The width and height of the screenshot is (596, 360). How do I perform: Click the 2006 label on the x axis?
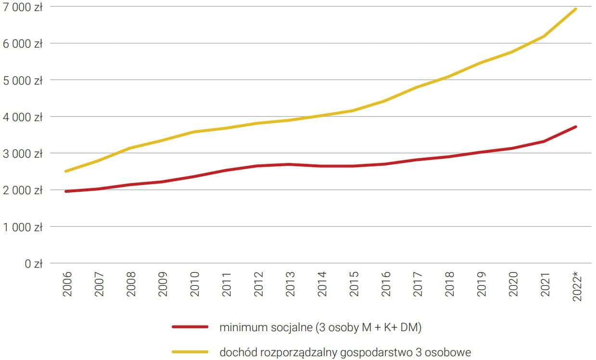[67, 284]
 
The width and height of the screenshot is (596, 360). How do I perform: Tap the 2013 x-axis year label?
[290, 284]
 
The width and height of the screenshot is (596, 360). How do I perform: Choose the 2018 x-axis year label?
[448, 284]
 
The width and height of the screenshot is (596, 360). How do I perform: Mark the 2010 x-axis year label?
[194, 284]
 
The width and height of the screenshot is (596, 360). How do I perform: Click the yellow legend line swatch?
[190, 352]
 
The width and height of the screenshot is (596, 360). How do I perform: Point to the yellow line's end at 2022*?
[576, 9]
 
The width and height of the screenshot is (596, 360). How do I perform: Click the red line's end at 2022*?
[576, 127]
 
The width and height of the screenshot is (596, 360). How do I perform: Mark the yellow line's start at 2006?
[66, 171]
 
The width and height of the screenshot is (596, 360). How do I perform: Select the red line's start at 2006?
[66, 191]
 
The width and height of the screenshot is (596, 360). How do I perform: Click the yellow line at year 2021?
[544, 36]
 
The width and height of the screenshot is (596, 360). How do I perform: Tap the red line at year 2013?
[290, 164]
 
